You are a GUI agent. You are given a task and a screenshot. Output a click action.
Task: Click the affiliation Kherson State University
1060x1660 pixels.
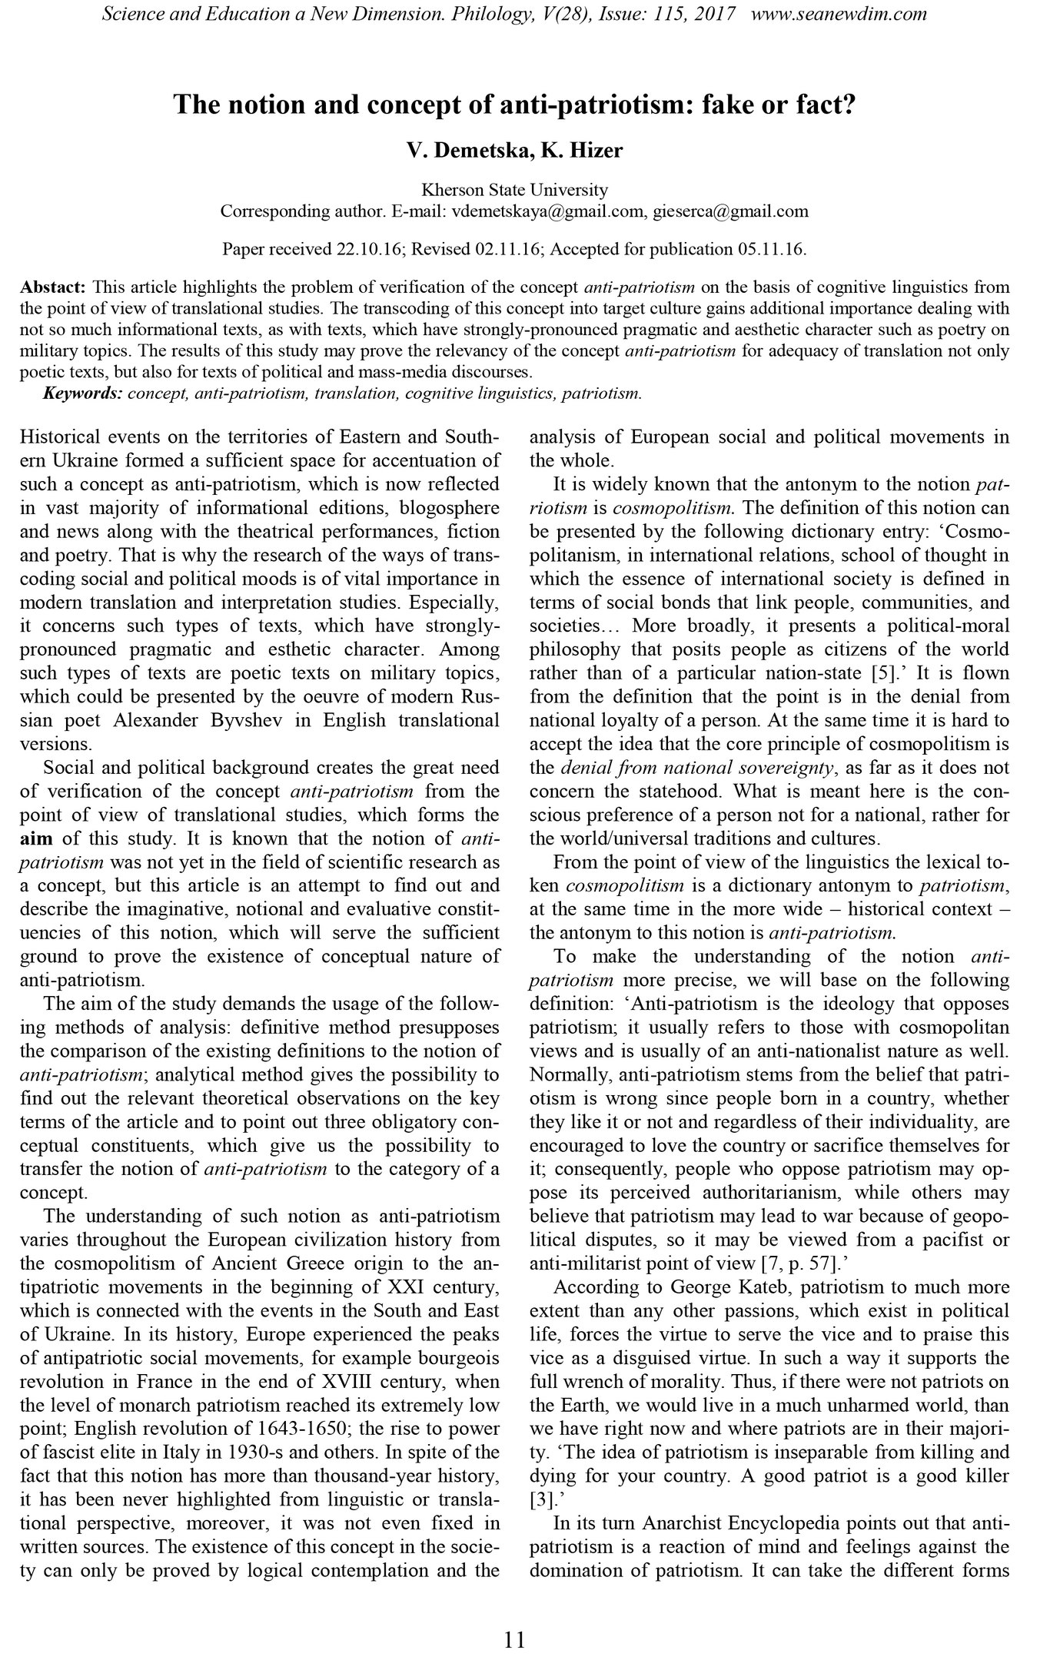click(514, 190)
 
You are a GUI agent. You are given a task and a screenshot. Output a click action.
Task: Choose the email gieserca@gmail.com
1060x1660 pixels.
click(730, 211)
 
